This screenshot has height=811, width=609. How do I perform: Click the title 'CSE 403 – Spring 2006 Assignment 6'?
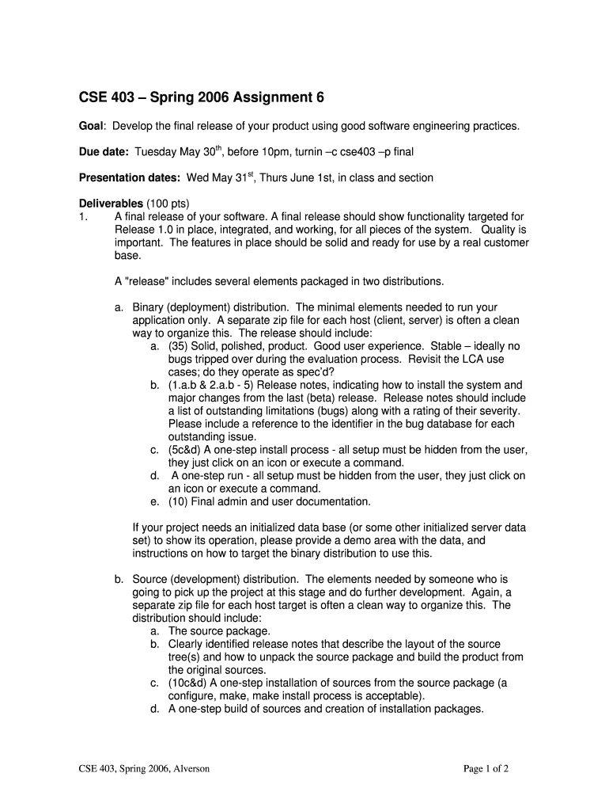[x=201, y=98]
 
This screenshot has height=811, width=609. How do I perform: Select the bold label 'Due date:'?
[x=104, y=152]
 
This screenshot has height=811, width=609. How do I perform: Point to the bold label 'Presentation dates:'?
[x=130, y=177]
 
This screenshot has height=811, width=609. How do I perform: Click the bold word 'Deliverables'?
[x=110, y=203]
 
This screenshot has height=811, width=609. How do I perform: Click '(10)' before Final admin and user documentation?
[x=180, y=501]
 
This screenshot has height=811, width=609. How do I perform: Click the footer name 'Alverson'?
[x=189, y=768]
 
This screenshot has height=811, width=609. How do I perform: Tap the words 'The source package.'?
[x=219, y=631]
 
